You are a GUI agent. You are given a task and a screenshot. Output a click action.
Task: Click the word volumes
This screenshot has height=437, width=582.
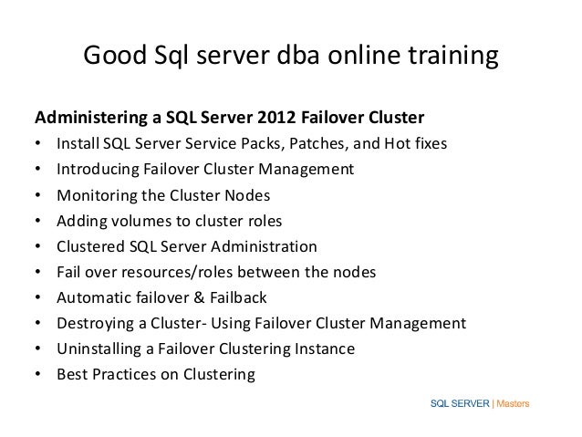[x=135, y=221]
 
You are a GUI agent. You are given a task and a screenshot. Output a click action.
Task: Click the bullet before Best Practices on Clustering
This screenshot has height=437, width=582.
[x=37, y=374]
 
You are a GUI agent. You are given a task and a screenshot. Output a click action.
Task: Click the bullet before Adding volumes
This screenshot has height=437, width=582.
[x=37, y=221]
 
